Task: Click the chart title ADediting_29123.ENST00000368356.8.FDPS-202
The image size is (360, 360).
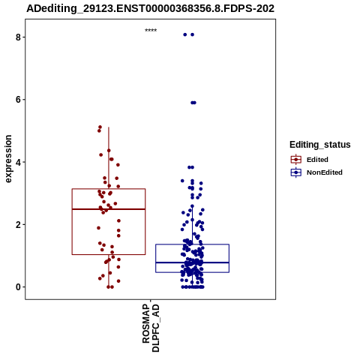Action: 150,8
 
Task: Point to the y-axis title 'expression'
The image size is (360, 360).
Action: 8,159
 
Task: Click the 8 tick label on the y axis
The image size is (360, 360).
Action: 18,37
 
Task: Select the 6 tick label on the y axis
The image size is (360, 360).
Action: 18,100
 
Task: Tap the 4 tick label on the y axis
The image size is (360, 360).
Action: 18,162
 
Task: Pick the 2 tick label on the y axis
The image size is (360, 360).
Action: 18,224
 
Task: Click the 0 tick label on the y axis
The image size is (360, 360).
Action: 18,287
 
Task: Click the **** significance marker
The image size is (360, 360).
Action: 151,30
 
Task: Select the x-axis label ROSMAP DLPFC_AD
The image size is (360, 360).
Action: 151,328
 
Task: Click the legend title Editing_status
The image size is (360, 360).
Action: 319,145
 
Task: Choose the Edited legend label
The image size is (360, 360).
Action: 317,160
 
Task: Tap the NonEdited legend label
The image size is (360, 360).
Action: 325,172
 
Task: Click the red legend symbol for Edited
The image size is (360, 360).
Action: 296,160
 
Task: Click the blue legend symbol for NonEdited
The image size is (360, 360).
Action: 296,172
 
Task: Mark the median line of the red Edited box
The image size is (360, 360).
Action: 109,209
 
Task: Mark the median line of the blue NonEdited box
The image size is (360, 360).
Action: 192,262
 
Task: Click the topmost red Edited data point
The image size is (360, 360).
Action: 100,127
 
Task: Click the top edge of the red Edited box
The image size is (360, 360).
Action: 109,189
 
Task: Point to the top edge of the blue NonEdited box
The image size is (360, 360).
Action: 192,244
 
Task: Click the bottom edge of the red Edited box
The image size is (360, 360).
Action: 109,254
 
